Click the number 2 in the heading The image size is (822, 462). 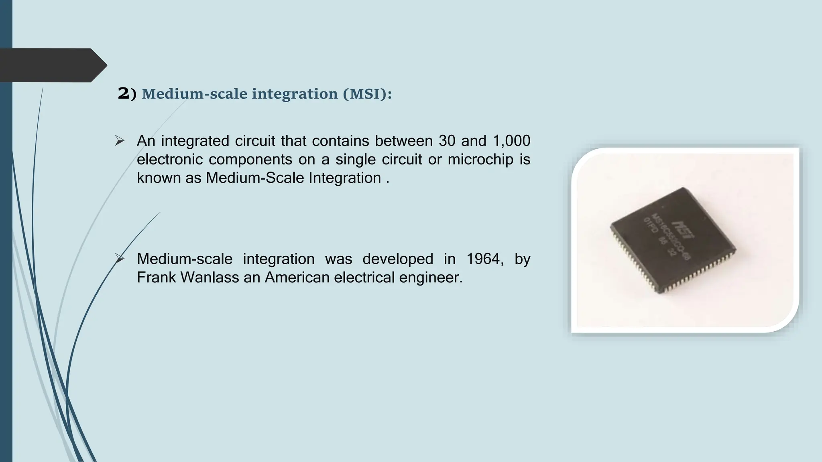click(x=123, y=93)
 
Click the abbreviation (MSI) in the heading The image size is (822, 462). click(x=367, y=94)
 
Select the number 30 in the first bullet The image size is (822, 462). click(x=447, y=141)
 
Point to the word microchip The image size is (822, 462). click(x=480, y=159)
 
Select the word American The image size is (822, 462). click(x=297, y=277)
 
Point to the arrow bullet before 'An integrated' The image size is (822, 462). click(x=120, y=141)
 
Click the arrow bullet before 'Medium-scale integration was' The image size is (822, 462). click(x=120, y=259)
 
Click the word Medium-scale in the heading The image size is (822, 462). click(x=194, y=94)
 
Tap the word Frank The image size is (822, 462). click(x=156, y=277)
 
